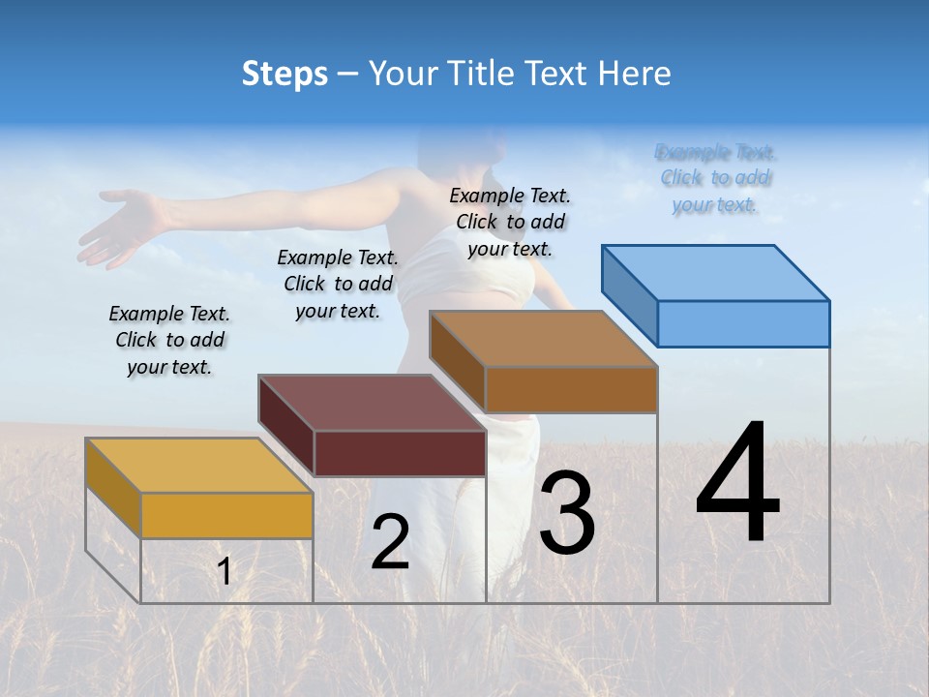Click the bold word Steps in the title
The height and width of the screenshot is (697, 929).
285,74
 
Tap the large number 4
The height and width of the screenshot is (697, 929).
737,483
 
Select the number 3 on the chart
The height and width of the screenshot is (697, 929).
567,513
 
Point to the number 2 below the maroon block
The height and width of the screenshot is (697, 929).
390,542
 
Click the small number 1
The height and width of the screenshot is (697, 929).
224,571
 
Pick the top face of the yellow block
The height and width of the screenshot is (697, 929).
198,466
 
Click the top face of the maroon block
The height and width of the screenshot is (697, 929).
372,403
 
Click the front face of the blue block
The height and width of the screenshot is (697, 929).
743,323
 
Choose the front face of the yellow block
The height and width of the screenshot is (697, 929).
226,515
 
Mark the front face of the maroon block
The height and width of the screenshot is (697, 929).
400,453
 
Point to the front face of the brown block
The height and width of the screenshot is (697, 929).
571,389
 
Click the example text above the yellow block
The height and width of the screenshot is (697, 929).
169,340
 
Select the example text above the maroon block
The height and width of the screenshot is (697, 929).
338,284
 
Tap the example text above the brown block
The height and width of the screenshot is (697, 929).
510,222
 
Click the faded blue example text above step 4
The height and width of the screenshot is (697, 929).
715,178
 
